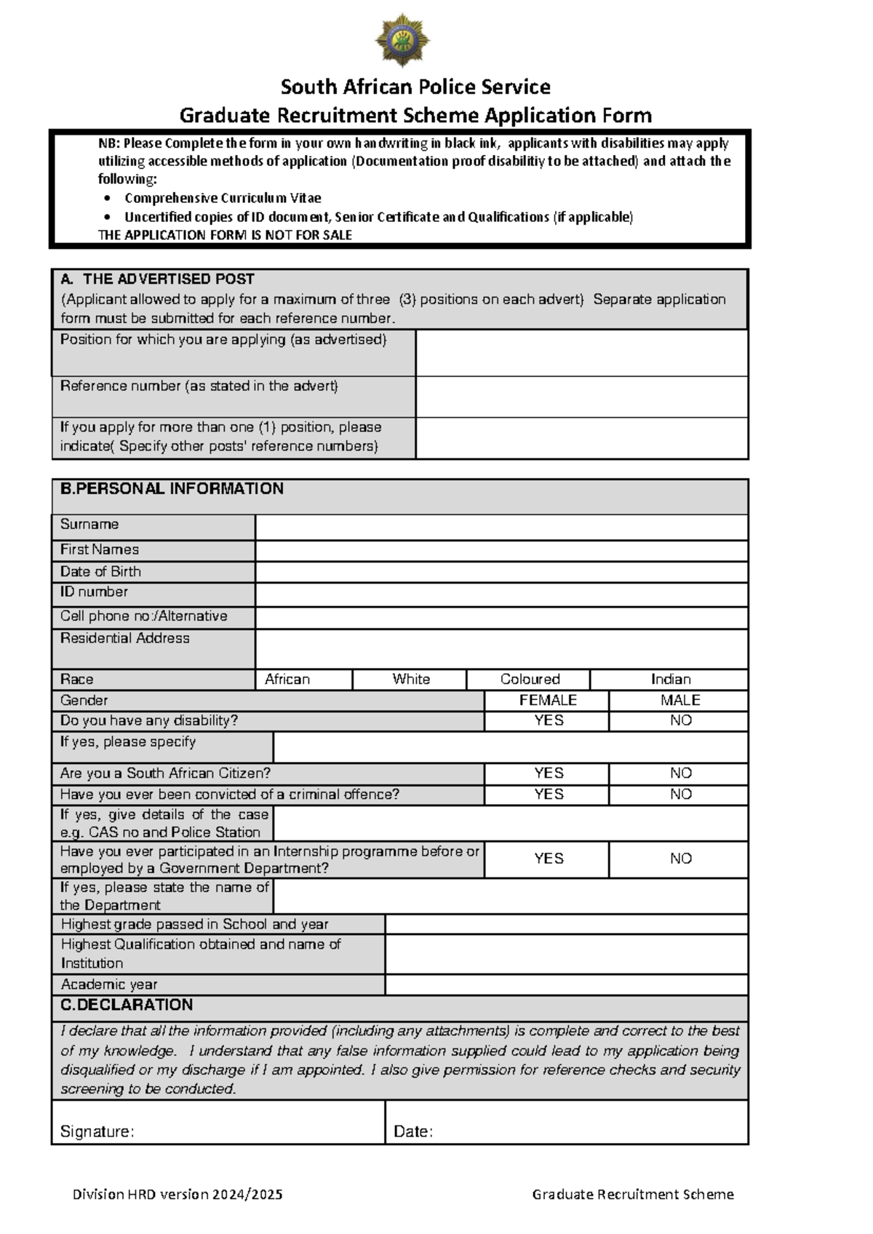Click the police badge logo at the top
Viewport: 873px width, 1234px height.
[402, 40]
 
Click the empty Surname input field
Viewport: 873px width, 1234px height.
[501, 527]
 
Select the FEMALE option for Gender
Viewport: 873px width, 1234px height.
[547, 700]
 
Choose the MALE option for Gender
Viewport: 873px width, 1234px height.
[679, 700]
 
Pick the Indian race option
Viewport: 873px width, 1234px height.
[669, 680]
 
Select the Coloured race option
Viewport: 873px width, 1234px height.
[529, 680]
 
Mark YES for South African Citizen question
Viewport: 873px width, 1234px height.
[547, 773]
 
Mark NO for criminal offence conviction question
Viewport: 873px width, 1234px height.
[679, 794]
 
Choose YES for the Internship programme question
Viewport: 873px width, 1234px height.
[547, 859]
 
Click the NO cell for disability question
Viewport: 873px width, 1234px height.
[679, 720]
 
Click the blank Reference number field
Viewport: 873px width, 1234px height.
[581, 397]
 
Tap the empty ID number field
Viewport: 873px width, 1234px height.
[501, 594]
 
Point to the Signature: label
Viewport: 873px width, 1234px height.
[97, 1131]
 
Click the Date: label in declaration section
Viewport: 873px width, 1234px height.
[412, 1131]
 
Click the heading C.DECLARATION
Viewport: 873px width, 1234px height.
[127, 1005]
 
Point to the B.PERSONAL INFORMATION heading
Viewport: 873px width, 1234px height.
[172, 489]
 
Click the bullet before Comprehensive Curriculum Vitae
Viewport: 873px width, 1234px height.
[108, 199]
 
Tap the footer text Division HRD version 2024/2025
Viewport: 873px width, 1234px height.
[178, 1194]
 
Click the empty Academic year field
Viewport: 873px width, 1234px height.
[566, 984]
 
